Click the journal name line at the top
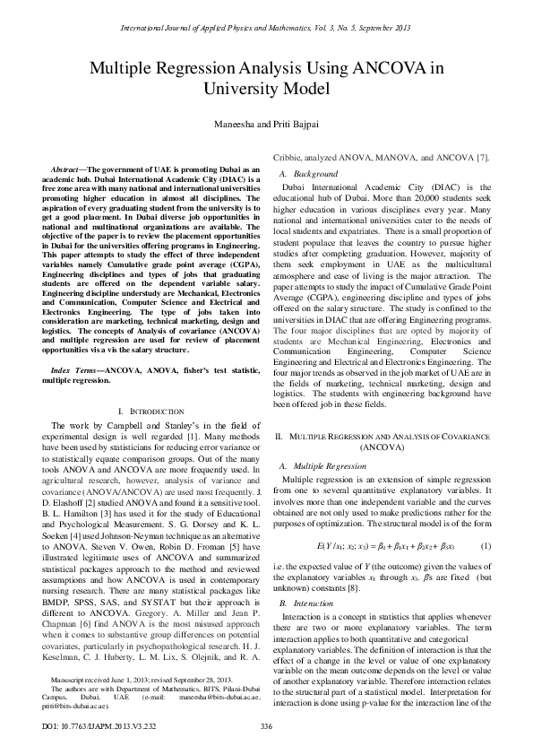click(x=266, y=28)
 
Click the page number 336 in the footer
click(x=266, y=725)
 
